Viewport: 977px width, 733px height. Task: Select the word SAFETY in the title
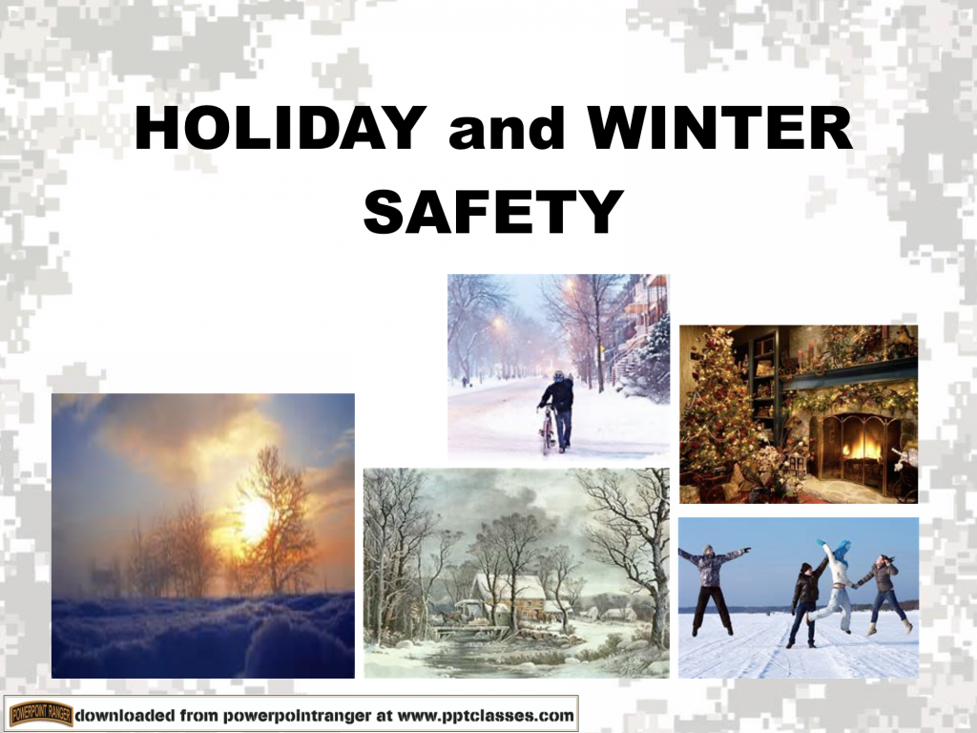point(493,212)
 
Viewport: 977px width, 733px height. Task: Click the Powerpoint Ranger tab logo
point(40,713)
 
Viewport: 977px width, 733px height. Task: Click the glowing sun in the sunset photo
point(254,518)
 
